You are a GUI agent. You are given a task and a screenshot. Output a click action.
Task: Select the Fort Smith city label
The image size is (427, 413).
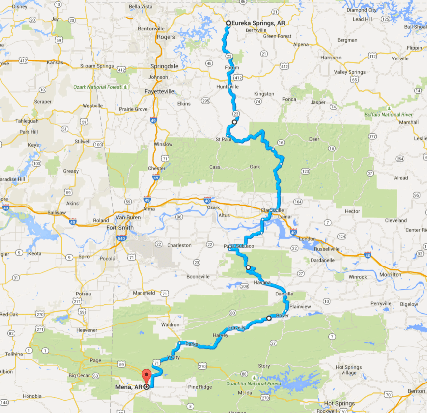click(120, 228)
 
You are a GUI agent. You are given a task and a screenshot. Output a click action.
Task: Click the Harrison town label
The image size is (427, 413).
click(330, 58)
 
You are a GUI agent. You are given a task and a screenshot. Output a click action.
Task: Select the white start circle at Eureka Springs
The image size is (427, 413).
click(228, 23)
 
